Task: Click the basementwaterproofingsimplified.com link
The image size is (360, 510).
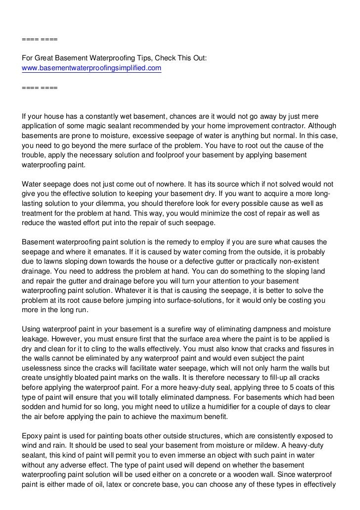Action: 92,68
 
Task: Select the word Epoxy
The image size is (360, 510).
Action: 32,436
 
